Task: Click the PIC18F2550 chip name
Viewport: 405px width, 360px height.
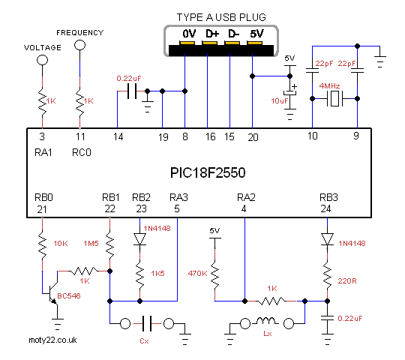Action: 208,172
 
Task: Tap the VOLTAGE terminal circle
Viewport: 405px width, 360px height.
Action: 42,60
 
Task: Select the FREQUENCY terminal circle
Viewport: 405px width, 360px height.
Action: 79,45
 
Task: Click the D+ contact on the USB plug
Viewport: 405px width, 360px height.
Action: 209,43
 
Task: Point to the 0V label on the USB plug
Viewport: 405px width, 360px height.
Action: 189,34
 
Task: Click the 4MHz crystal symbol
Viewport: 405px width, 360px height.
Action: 334,98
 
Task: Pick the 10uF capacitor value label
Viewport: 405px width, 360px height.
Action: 280,101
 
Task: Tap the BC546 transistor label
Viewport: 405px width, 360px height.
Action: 69,295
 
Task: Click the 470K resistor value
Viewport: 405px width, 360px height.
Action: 197,273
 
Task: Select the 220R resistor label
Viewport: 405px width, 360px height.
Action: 347,280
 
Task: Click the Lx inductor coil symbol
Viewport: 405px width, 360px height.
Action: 268,321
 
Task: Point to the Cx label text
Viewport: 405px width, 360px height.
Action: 144,341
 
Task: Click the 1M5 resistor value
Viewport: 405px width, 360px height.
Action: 91,243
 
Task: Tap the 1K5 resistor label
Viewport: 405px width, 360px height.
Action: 157,273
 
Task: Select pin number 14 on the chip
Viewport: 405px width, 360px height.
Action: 118,136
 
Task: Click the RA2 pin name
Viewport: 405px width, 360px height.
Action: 246,197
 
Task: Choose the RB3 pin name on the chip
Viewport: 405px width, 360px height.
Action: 328,197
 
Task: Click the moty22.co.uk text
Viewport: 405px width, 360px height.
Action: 52,340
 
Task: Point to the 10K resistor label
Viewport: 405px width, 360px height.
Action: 61,243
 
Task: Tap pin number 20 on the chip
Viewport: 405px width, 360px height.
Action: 253,137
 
